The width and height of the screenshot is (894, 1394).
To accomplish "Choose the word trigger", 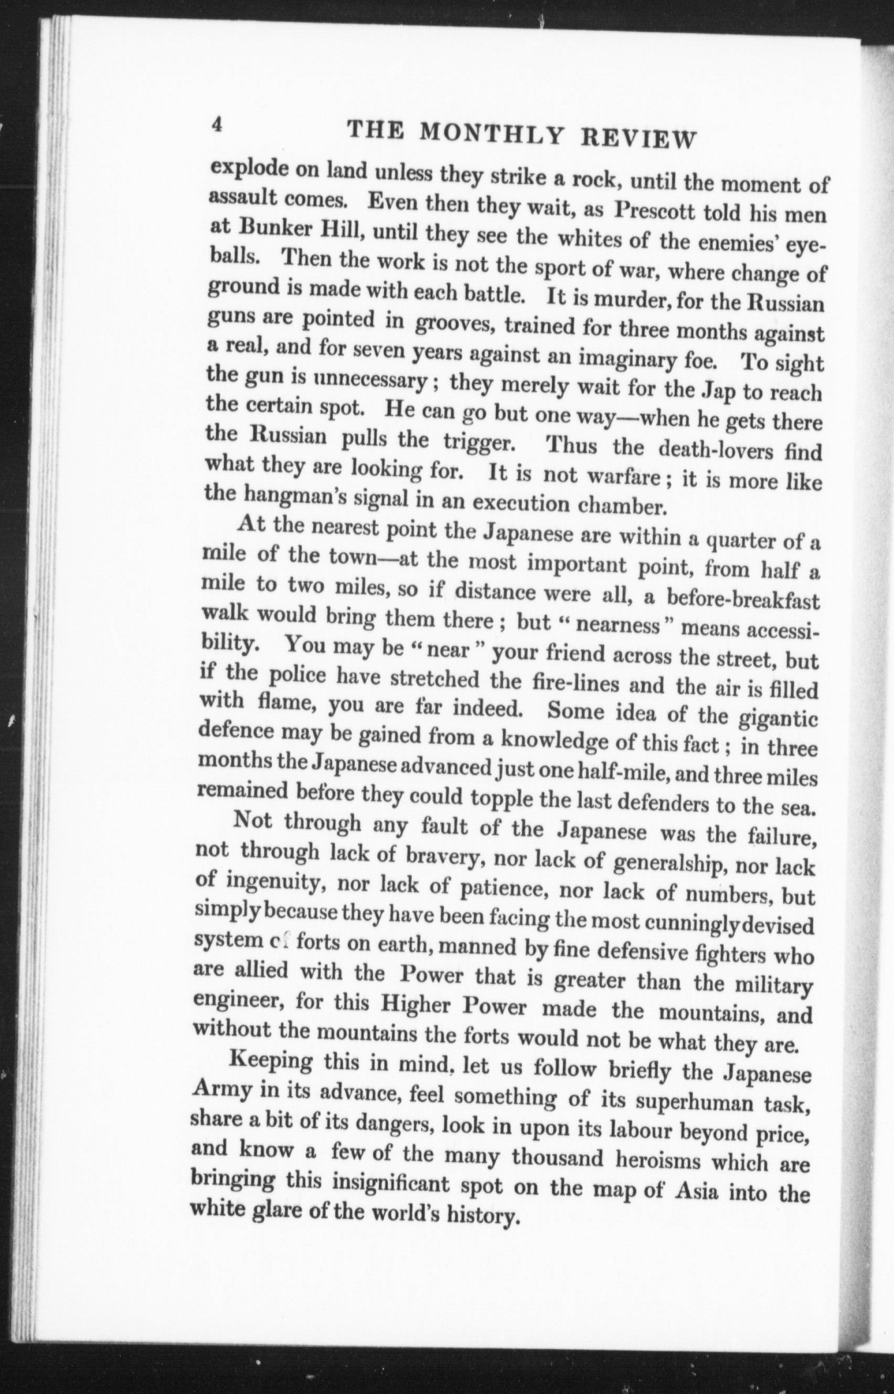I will pos(478,443).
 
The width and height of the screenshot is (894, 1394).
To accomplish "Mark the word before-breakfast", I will pos(742,598).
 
